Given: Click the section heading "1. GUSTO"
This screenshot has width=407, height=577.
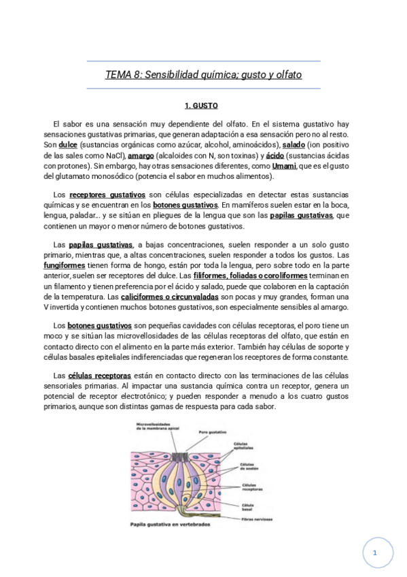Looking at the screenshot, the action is coord(201,106).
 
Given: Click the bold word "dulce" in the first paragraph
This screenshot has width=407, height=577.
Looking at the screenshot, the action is coord(69,146).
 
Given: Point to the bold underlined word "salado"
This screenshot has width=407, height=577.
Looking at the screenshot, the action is coord(294,146).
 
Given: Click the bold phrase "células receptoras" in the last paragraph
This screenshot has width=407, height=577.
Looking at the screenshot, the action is coord(100,375).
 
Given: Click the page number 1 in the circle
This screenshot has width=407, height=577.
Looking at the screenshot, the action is coord(374,553).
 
